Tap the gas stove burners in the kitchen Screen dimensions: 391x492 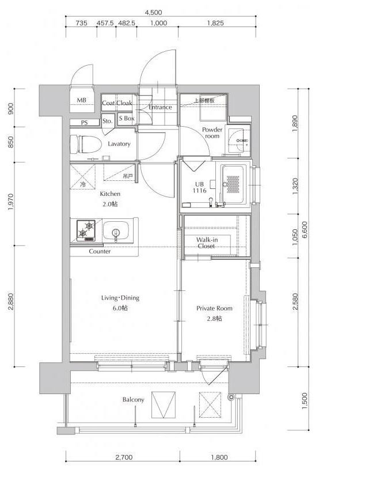pos(86,230)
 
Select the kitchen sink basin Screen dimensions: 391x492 pos(116,231)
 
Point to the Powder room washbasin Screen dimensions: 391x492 pos(239,141)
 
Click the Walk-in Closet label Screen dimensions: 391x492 pos(207,243)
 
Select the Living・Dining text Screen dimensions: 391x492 pos(120,297)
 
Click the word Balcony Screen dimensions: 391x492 pos(133,399)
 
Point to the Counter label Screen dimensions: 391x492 pos(100,251)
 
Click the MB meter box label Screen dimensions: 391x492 pos(82,100)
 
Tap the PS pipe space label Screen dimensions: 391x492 pos(84,123)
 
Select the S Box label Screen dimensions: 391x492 pos(127,118)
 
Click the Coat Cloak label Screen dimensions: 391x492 pos(117,103)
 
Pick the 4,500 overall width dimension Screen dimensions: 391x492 pos(153,13)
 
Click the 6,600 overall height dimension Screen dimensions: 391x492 pos(305,230)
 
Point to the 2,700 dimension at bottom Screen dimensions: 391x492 pos(124,457)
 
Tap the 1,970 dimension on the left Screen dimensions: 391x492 pos(11,202)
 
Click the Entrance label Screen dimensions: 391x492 pos(160,107)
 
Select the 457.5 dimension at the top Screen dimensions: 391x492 pos(105,23)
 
